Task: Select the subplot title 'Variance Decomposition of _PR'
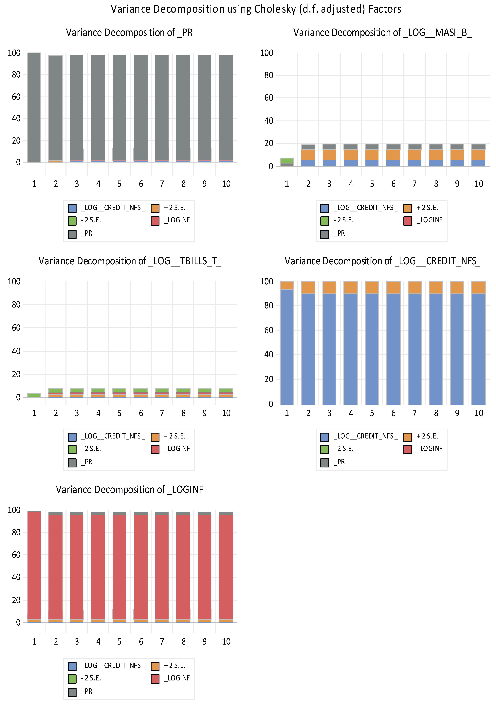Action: (x=129, y=33)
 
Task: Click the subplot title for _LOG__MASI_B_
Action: (x=382, y=33)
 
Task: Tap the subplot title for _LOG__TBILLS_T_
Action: (x=130, y=261)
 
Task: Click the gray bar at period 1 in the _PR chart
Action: (x=34, y=108)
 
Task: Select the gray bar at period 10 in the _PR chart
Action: (x=226, y=108)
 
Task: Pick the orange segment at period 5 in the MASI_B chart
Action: (x=372, y=155)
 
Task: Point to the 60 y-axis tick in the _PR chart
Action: (x=16, y=97)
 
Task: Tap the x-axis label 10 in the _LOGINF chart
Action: (x=226, y=642)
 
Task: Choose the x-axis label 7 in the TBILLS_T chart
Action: (x=162, y=413)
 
